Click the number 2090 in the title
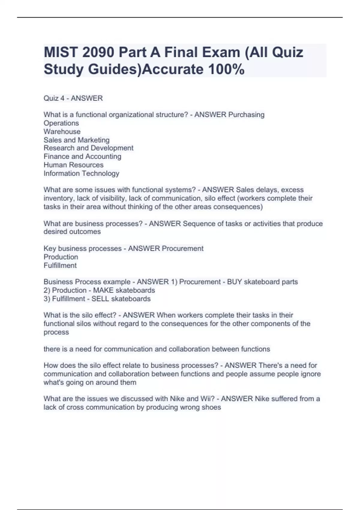tap(98, 52)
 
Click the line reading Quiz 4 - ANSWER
tap(73, 98)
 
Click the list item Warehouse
tap(62, 131)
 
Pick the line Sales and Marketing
tap(76, 140)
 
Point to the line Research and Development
tap(88, 148)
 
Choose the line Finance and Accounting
tap(82, 156)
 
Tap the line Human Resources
tap(73, 165)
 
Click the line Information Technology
tap(81, 173)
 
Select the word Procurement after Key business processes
tap(182, 248)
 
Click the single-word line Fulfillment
tap(60, 265)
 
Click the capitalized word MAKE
tap(103, 290)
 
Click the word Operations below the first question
tap(61, 123)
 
